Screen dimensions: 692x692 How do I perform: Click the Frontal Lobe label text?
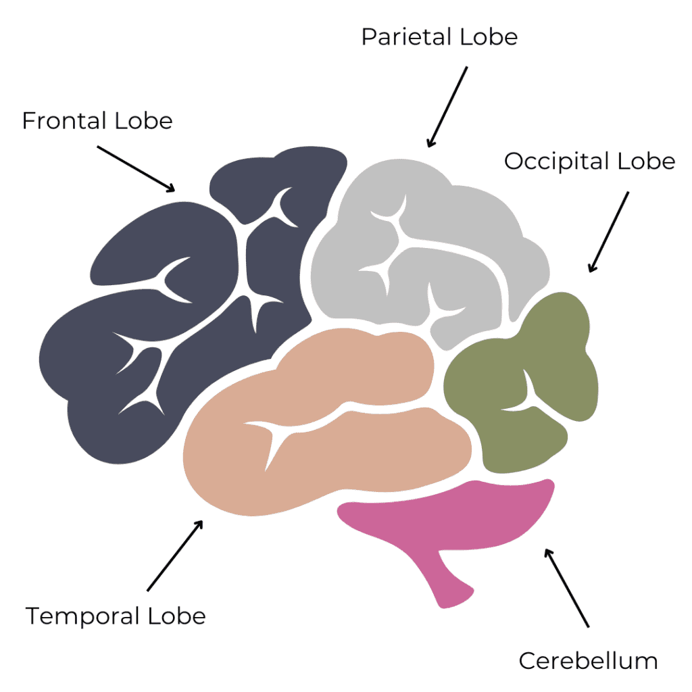click(97, 121)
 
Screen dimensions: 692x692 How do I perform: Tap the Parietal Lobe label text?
click(439, 36)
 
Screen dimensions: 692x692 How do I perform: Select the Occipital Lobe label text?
click(589, 161)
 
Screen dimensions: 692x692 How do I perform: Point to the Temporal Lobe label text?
click(116, 616)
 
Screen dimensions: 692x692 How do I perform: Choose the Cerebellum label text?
click(588, 660)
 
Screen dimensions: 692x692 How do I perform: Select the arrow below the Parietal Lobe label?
click(447, 107)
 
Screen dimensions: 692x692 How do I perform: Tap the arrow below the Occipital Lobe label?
click(608, 232)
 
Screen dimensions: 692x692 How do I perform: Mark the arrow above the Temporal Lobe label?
click(174, 555)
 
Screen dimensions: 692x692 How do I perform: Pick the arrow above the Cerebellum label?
click(568, 587)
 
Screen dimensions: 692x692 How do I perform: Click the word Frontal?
click(65, 121)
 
